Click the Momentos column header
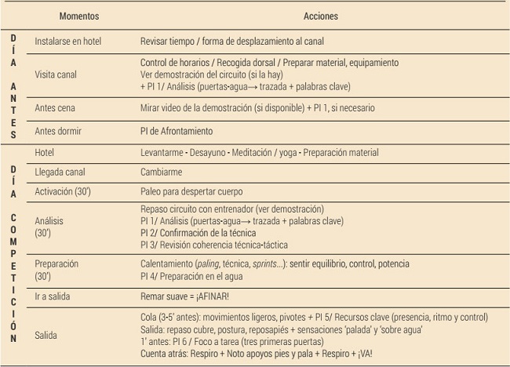[80, 16]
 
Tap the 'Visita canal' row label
[56, 74]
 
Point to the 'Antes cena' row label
[55, 108]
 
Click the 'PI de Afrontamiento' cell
[176, 131]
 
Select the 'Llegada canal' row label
[62, 171]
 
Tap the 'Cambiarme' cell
[161, 171]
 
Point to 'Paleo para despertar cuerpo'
[191, 191]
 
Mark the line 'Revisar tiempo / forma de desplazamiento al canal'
[232, 41]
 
